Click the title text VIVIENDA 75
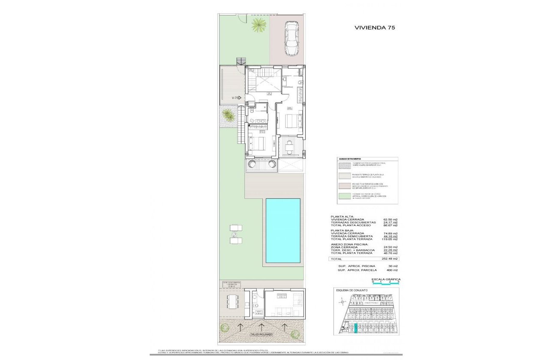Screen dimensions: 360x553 [374, 27]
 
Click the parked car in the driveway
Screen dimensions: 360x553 [292, 39]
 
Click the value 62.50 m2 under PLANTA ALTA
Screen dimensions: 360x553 [390, 219]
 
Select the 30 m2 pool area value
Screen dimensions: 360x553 [393, 266]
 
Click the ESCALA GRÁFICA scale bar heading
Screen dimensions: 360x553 [386, 279]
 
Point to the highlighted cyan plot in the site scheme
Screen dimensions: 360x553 [355, 328]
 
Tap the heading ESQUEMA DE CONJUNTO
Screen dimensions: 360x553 [352, 290]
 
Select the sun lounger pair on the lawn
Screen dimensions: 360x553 [235, 234]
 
